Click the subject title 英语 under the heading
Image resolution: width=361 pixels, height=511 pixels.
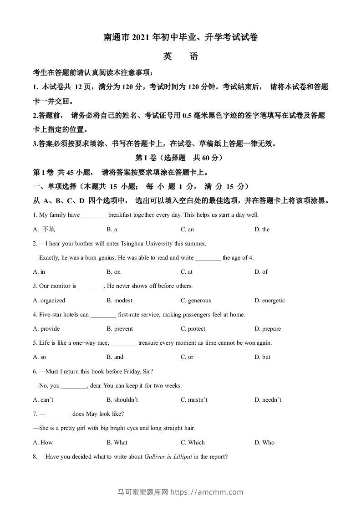tap(180, 57)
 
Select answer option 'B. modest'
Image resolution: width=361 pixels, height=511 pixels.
tap(119, 301)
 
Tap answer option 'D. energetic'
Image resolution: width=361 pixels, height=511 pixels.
tap(269, 301)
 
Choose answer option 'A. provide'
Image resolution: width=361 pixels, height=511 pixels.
tap(46, 329)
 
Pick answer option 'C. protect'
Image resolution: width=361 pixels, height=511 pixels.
tap(193, 329)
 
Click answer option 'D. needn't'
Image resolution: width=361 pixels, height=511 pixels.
tap(268, 400)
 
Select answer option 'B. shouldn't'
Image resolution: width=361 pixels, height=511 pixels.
tap(122, 400)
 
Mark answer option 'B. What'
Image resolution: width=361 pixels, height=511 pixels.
tap(117, 442)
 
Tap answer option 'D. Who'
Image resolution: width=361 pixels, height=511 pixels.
tap(264, 442)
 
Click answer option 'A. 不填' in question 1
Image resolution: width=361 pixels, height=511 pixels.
tap(44, 230)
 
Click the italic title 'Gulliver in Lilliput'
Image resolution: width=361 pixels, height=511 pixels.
tap(168, 457)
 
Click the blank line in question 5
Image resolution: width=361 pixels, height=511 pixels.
tap(123, 343)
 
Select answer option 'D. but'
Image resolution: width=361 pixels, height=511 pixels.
tap(262, 357)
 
